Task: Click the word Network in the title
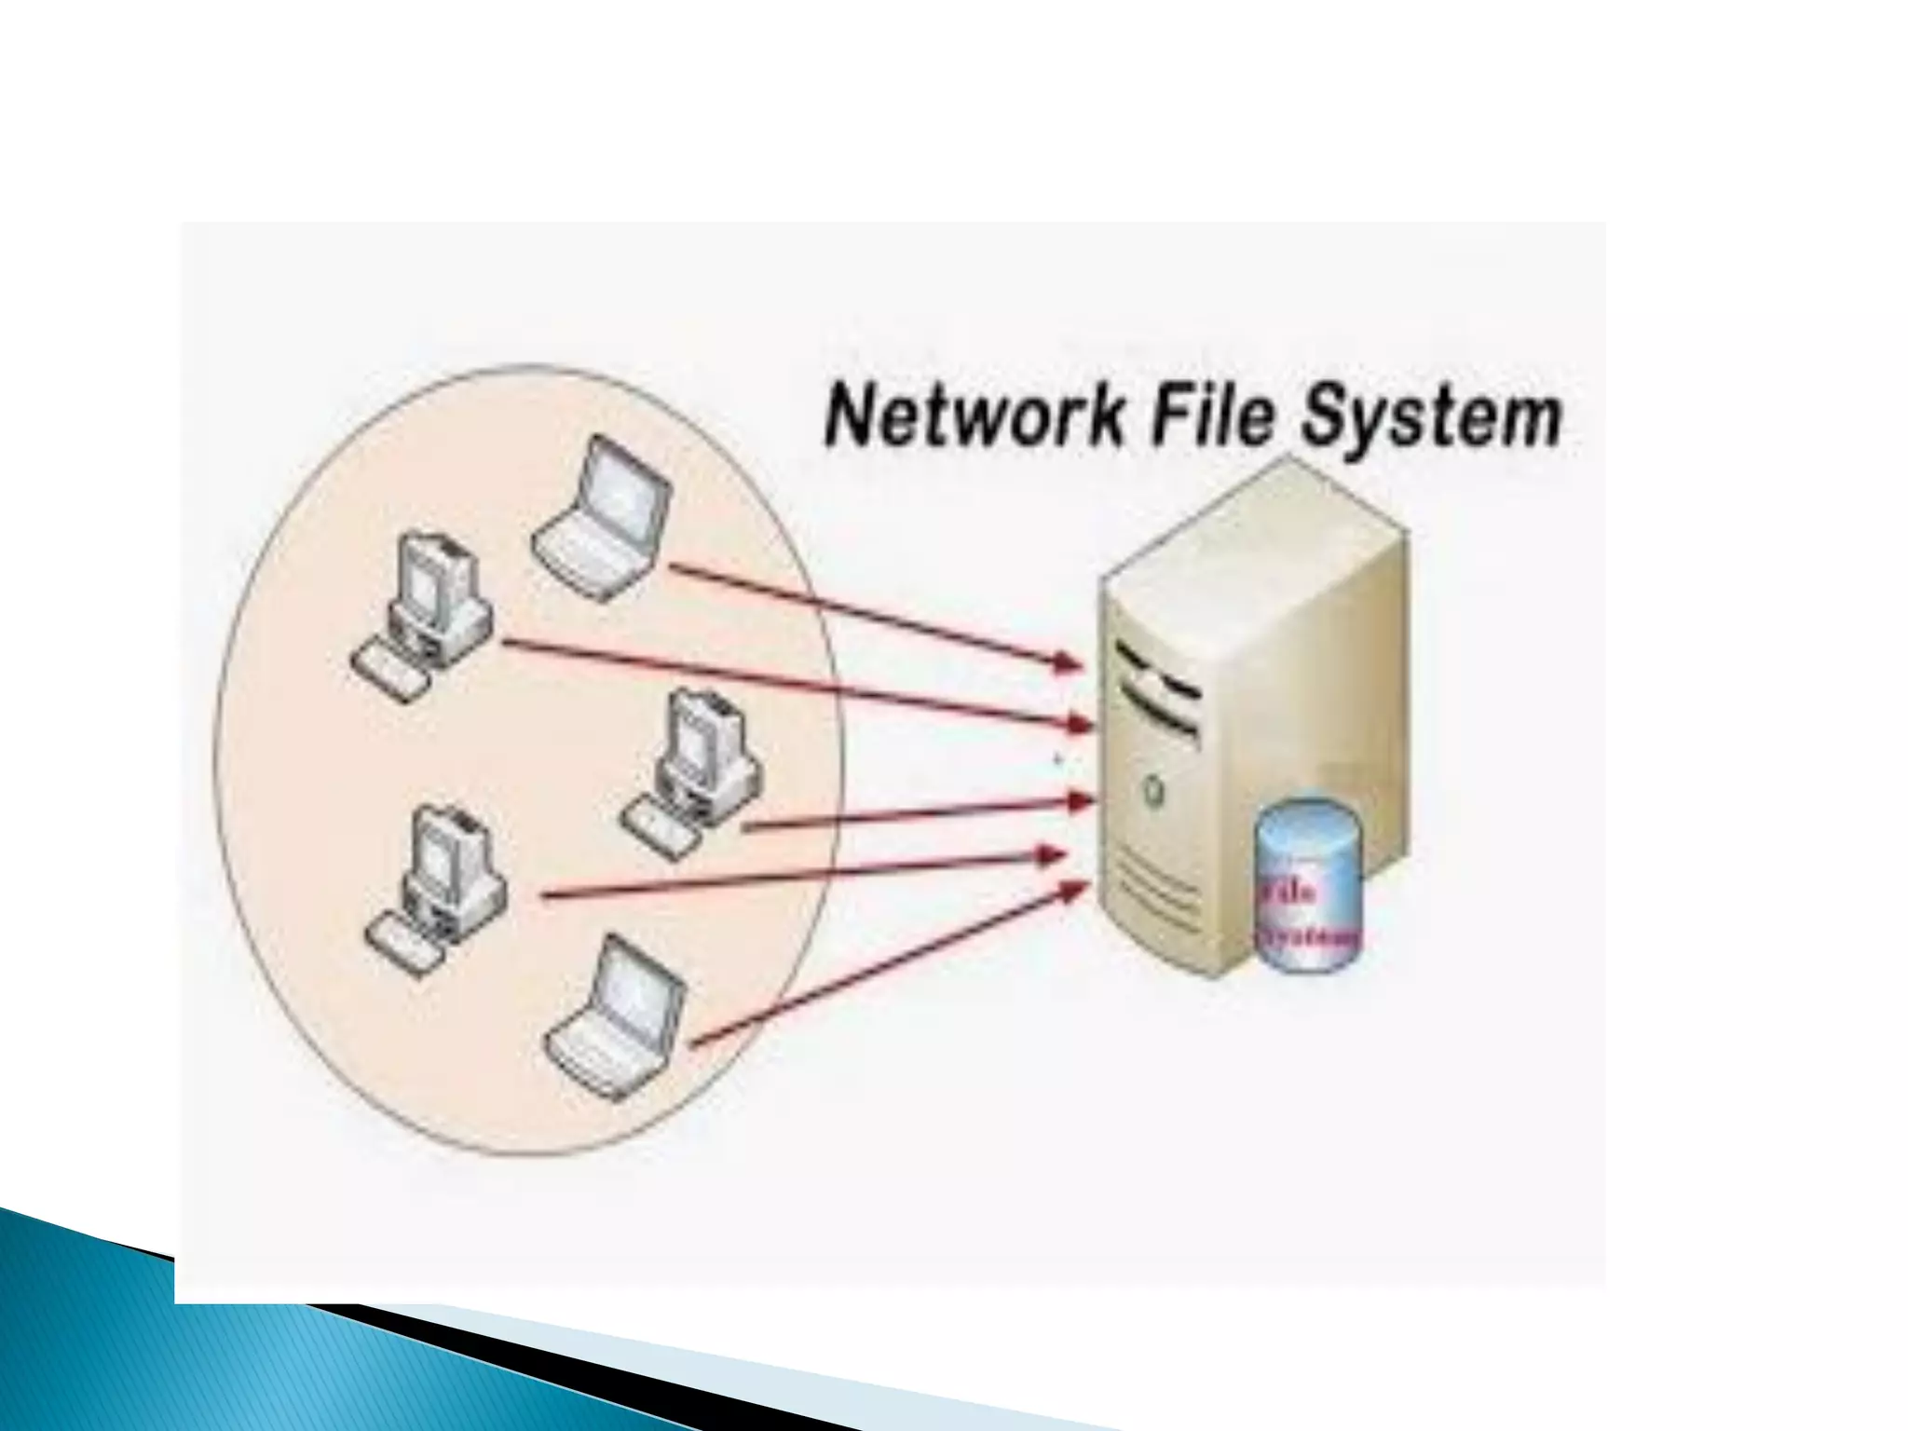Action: pos(974,416)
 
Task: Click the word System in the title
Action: pos(1431,416)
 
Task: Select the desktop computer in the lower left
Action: pos(438,890)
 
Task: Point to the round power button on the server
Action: pos(1153,790)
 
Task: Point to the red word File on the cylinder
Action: pos(1289,892)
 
